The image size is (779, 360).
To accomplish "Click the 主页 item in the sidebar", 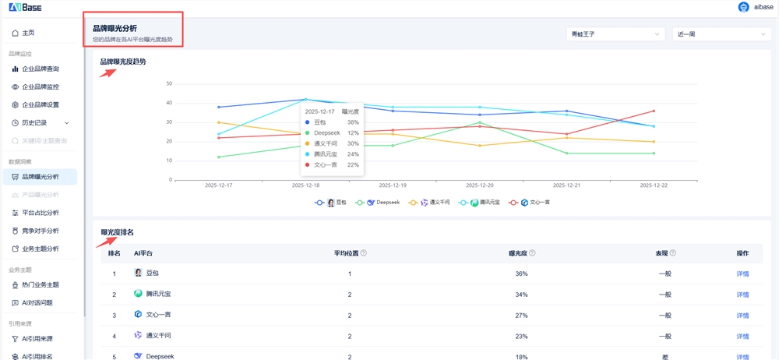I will coord(28,33).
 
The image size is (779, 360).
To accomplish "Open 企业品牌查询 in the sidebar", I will coord(40,69).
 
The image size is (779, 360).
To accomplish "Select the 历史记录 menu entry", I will coord(34,122).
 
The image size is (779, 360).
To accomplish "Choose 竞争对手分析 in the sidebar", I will coord(40,231).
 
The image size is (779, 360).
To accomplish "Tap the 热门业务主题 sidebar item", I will coord(40,284).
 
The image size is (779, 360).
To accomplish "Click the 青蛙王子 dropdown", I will coord(615,34).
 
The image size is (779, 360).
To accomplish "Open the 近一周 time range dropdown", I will coord(721,34).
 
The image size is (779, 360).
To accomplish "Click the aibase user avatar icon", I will coord(743,7).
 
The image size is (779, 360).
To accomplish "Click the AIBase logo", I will coord(25,7).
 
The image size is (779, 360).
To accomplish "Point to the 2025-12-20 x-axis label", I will coord(481,185).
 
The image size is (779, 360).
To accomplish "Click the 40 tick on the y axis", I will coord(169,103).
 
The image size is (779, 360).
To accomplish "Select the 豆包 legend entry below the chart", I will coord(331,203).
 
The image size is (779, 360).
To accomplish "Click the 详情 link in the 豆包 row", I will coord(742,274).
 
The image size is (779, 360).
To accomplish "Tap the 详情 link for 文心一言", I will coord(742,315).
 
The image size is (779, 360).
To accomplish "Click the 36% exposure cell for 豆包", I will coord(521,274).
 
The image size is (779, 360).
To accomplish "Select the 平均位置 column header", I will coord(350,253).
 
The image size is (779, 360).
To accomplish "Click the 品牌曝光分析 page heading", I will coord(115,28).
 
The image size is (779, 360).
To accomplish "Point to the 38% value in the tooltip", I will coord(353,122).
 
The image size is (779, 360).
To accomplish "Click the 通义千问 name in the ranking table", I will coord(158,336).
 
